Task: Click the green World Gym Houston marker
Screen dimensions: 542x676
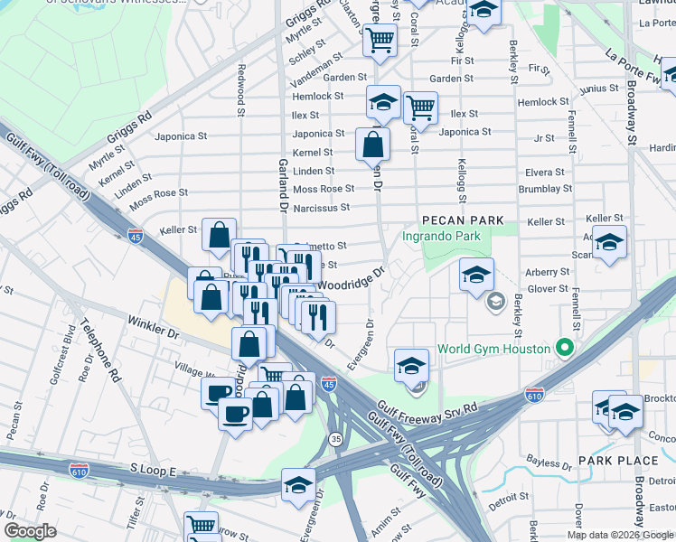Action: tap(566, 348)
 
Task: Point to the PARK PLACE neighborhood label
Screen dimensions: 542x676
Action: tap(618, 461)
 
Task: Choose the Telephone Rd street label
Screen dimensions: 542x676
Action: tap(101, 351)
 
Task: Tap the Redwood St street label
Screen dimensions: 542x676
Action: tap(241, 89)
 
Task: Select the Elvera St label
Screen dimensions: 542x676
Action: tap(545, 172)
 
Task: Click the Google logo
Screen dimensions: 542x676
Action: tap(30, 531)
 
